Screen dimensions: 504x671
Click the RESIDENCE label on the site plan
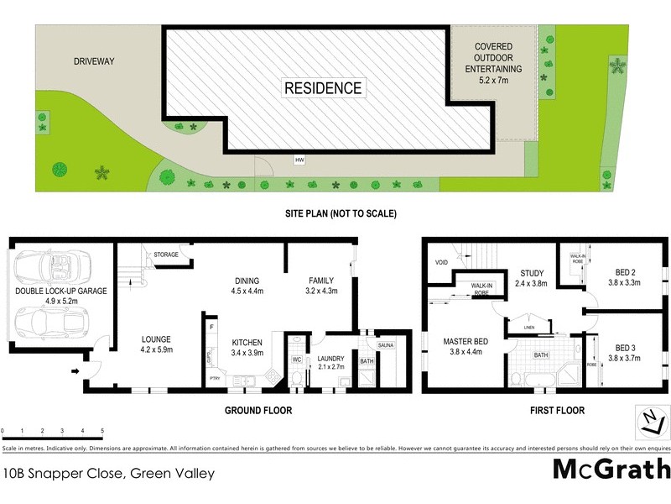click(x=323, y=88)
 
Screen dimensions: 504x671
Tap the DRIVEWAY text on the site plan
click(x=93, y=61)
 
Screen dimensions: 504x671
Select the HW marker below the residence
click(x=299, y=160)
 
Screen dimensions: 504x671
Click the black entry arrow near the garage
click(x=78, y=370)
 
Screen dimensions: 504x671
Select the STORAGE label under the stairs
click(x=166, y=254)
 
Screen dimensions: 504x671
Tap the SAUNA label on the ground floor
click(x=385, y=345)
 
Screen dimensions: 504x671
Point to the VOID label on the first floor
click(x=441, y=262)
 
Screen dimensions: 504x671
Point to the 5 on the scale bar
click(x=101, y=431)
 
